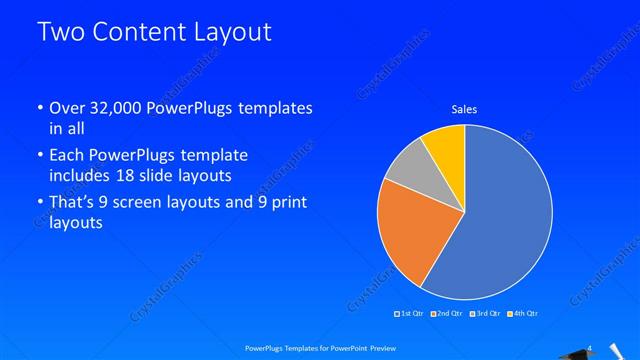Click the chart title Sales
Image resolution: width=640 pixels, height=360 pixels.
pos(464,108)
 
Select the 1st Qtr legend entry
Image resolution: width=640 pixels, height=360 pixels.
pos(409,314)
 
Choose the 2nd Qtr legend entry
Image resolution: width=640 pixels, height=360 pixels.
pos(446,314)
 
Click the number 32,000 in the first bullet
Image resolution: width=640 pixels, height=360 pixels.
pos(118,108)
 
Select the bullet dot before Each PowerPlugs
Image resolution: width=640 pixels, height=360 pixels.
pos(38,157)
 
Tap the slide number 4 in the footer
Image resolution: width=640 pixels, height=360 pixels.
pos(590,347)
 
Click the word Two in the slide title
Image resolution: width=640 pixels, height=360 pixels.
pos(61,32)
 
